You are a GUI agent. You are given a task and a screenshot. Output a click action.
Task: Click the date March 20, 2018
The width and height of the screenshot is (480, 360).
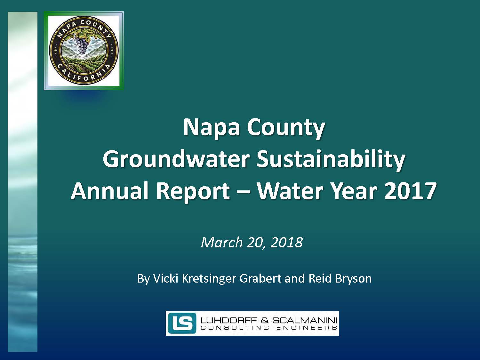252,243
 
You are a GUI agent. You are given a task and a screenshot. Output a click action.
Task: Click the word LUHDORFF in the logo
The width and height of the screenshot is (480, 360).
229,320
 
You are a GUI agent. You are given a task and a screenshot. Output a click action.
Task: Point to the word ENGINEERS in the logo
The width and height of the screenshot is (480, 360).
307,328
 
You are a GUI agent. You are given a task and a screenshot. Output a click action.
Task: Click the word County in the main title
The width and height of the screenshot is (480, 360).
286,129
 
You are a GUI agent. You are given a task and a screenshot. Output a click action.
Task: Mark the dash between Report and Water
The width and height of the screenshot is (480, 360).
243,192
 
